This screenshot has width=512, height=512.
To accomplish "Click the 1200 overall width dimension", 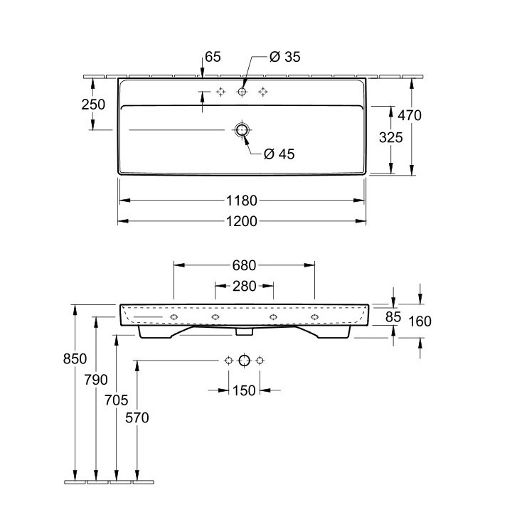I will (x=242, y=220).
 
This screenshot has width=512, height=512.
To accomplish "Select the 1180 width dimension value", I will (x=242, y=201).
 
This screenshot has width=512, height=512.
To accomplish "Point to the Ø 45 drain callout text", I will (x=279, y=154).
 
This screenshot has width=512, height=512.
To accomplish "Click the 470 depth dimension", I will (x=410, y=115).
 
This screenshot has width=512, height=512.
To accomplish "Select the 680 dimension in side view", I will (x=244, y=265).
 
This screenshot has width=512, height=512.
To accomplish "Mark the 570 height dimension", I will (x=137, y=418).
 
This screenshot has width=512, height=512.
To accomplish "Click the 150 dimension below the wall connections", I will (x=244, y=390).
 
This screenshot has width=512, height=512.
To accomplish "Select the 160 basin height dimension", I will (x=420, y=321).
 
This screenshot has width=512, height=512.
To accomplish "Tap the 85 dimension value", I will (x=393, y=316).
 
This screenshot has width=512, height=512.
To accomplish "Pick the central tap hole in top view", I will (x=242, y=92).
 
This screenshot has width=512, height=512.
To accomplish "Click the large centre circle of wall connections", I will (x=244, y=361).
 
